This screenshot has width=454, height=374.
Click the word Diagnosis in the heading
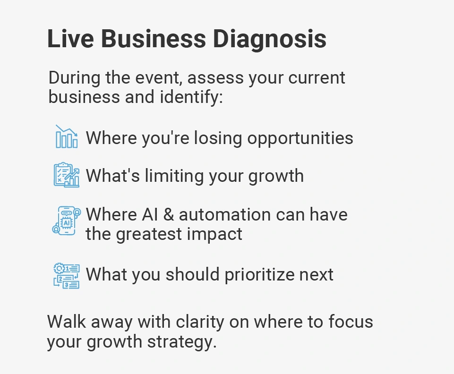coord(270,39)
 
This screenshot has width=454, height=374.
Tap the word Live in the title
coord(70,39)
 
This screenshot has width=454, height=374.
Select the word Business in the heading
coord(154,39)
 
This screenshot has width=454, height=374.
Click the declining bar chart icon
coord(67,136)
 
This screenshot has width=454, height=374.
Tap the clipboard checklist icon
coord(67,175)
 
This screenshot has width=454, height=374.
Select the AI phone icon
coord(67,221)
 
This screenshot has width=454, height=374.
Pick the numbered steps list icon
coord(67,276)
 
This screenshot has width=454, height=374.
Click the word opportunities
coord(300,139)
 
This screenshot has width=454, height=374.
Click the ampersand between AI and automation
coord(169,215)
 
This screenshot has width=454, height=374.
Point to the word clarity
coord(200,323)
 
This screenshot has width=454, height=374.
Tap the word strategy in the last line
coord(182,342)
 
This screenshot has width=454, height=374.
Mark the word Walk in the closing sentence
coord(67,322)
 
